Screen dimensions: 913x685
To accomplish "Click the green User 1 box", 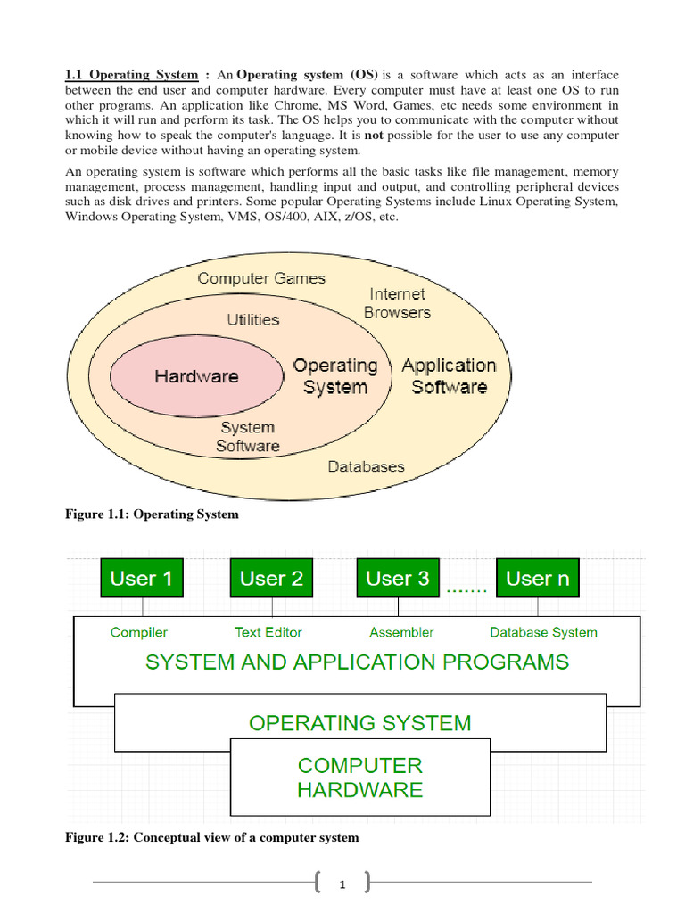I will point(141,579).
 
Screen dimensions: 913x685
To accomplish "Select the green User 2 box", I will point(271,579).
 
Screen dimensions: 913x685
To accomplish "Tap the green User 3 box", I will point(398,579).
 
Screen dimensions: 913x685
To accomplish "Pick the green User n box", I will point(537,579).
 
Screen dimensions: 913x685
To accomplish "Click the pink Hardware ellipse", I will point(196,376).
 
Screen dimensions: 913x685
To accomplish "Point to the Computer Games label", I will point(261,278).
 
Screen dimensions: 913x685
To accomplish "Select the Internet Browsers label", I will point(397,303).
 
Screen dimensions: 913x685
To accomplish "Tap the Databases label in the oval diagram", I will point(366,466).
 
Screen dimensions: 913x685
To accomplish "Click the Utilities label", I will point(252,319).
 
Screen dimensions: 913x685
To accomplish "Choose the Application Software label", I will point(449,376).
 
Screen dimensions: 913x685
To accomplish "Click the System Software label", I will point(247,437).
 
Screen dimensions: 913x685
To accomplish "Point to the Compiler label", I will point(139,632).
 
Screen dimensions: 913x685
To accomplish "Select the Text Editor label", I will point(268,632).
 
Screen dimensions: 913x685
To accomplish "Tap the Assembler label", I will point(401,632).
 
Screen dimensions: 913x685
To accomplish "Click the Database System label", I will point(543,632).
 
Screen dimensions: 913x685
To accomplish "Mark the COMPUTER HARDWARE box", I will point(359,777).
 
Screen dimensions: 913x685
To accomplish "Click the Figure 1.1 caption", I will point(152,514).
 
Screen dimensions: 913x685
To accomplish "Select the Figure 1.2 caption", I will point(212,837).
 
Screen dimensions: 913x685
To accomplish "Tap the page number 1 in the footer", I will point(342,884).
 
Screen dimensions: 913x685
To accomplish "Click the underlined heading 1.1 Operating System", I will point(131,75).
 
